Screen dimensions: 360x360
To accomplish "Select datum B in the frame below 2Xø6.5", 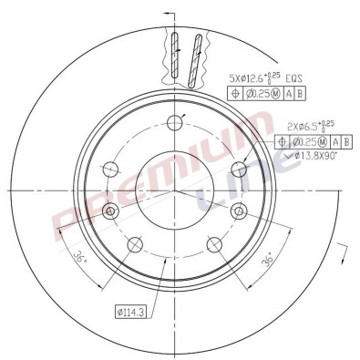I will (348, 141).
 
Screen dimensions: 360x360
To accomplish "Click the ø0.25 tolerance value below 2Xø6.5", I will (309, 141).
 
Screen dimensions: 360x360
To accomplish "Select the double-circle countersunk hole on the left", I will (111, 211).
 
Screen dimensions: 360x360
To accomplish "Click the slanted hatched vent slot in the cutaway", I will (194, 57).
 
